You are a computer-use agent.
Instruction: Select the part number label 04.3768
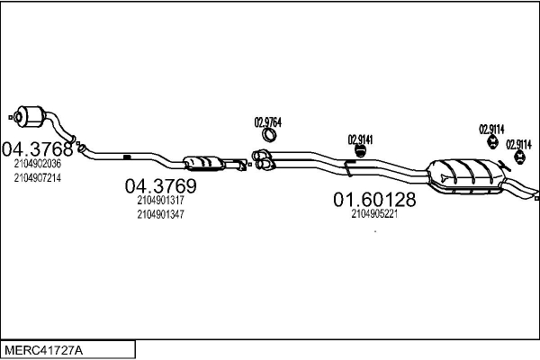pos(37,148)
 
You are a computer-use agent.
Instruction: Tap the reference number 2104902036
pos(38,164)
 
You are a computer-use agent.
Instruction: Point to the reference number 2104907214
pos(38,178)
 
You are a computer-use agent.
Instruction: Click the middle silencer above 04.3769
pos(205,163)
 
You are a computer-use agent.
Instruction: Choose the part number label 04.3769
pos(160,186)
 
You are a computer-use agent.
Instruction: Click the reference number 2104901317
pos(161,201)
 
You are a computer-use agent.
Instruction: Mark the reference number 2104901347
pos(161,215)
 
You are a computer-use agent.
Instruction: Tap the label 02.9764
pos(268,122)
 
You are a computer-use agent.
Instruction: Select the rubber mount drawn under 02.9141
pos(356,152)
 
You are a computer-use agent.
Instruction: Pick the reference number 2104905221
pos(374,214)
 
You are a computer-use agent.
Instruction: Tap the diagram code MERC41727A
pos(43,347)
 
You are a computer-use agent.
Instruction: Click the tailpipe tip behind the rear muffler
pos(531,193)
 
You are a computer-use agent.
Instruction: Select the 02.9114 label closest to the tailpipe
pos(518,144)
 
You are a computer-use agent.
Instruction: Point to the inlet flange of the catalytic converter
pos(13,115)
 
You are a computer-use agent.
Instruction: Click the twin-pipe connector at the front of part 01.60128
pos(264,162)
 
